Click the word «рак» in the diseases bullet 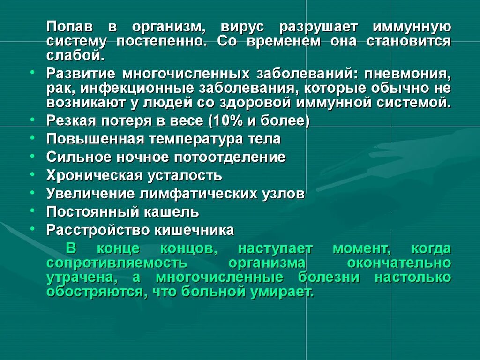pyautogui.click(x=57, y=88)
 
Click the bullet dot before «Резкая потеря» pyautogui.click(x=32, y=120)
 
